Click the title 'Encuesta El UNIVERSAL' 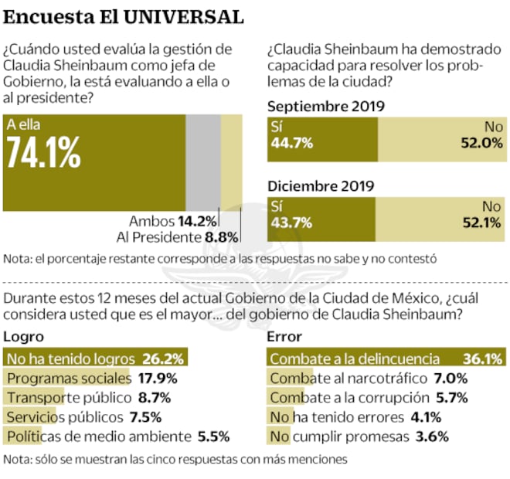(124, 16)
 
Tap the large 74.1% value (43, 154)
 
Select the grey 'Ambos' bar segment (202, 162)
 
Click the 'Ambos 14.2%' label (173, 221)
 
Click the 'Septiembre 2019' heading (325, 107)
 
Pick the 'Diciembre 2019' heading (321, 185)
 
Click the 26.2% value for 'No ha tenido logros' (163, 359)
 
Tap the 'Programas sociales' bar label (69, 379)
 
